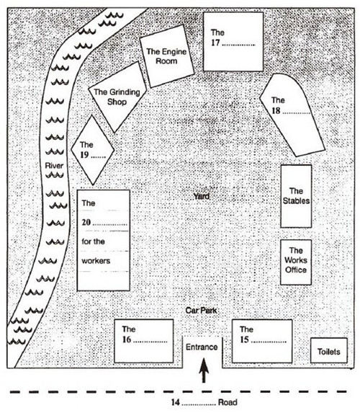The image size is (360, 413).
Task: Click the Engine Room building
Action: [167, 56]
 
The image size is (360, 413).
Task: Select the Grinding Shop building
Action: [117, 97]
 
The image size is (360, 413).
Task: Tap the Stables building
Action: [296, 196]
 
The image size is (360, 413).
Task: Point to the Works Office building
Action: [296, 262]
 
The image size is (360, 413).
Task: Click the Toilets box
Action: [329, 350]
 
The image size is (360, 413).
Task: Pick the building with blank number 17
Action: [233, 42]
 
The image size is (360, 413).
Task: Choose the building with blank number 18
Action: [292, 115]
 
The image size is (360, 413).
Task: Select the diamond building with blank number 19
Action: [93, 150]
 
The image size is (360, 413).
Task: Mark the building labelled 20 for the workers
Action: [104, 240]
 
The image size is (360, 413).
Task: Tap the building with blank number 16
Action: [144, 341]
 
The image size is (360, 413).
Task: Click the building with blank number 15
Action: [262, 341]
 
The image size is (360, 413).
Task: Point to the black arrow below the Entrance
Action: [204, 370]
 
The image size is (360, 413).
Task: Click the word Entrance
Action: [202, 347]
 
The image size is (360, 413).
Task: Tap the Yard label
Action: [202, 196]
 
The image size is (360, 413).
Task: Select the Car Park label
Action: [202, 310]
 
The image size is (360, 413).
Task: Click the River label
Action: [54, 166]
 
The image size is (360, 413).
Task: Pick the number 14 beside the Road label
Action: [176, 402]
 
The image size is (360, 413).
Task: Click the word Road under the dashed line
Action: [228, 402]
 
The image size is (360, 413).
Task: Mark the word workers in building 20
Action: [96, 261]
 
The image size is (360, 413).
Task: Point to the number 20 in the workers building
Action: [86, 223]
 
